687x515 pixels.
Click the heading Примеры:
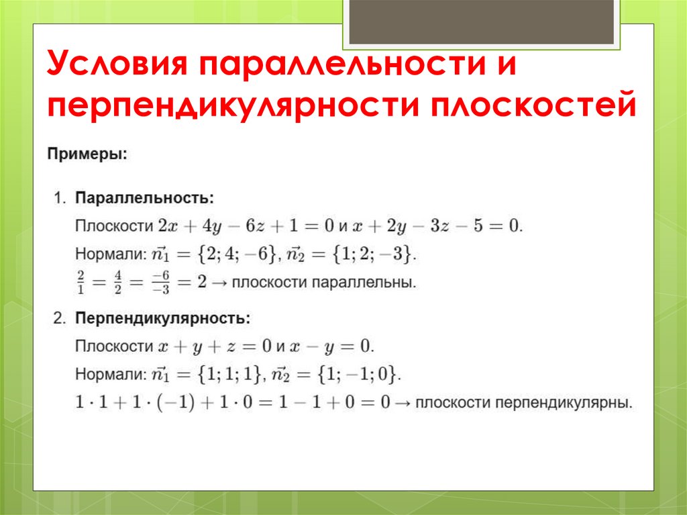pos(87,154)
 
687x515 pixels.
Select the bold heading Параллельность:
pos(144,198)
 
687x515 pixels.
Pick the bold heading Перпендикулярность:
pos(163,317)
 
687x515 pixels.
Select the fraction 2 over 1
pos(81,281)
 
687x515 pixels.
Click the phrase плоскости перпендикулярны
pos(523,403)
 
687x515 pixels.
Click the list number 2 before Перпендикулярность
pos(59,317)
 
